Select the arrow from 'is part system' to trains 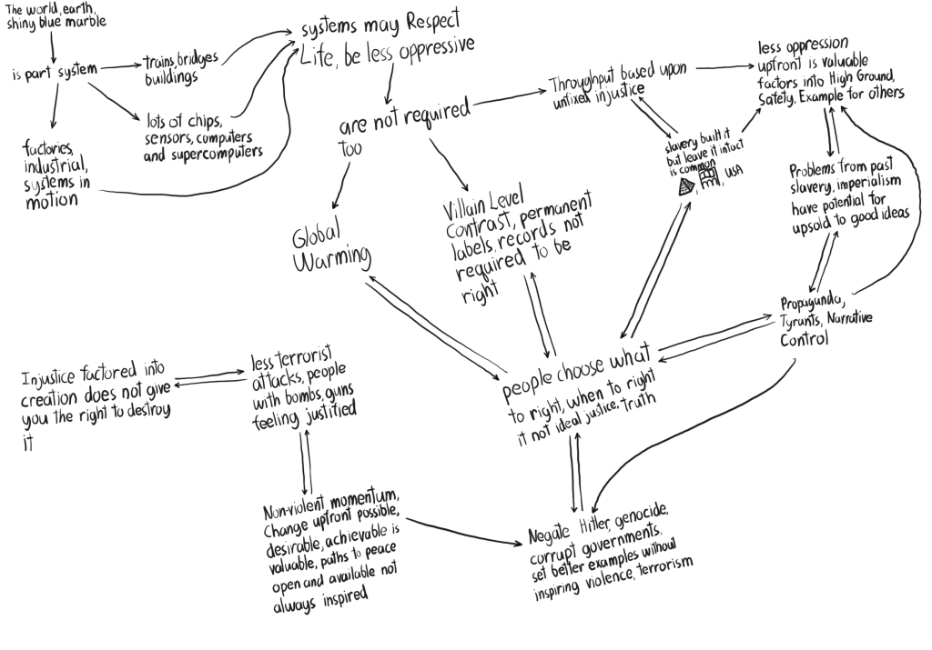point(118,66)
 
